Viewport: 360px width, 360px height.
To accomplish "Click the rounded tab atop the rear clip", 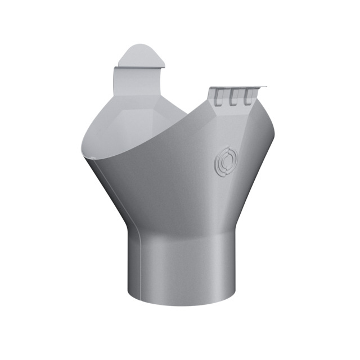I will [x=141, y=56].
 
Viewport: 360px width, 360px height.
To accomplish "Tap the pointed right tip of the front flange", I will [x=265, y=87].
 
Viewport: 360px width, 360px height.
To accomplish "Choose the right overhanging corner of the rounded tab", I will [x=165, y=66].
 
